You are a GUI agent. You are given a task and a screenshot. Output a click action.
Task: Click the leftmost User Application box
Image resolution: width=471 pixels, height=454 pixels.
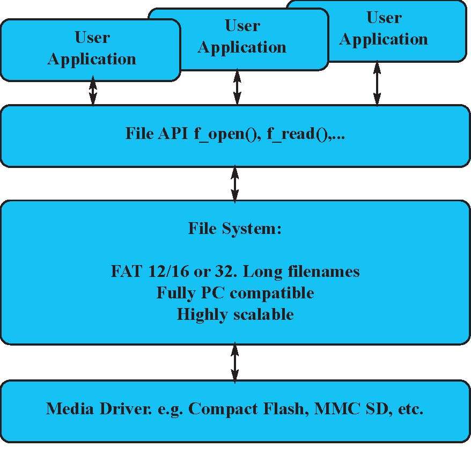pos(90,49)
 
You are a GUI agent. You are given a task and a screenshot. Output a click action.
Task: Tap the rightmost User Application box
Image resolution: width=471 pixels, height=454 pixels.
pos(384,29)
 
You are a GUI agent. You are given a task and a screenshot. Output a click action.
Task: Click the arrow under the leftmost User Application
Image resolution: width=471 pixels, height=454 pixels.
pos(93,90)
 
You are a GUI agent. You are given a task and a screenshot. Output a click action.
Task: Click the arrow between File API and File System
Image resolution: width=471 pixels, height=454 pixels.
pos(235,184)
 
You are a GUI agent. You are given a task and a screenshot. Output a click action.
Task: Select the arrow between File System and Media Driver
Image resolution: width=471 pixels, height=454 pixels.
pos(235,363)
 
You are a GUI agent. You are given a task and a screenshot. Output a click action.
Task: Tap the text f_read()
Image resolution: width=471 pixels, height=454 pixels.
pos(298,134)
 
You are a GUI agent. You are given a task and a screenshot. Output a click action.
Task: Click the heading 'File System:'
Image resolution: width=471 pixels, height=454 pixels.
pos(235,229)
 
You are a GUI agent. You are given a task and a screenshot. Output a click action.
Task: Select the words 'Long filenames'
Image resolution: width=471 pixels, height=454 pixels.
pos(301,272)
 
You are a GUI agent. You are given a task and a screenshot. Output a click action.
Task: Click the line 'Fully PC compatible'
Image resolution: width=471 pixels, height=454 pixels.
pos(235,293)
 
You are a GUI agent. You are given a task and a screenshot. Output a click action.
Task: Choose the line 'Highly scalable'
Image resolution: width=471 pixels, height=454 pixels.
pos(235,314)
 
